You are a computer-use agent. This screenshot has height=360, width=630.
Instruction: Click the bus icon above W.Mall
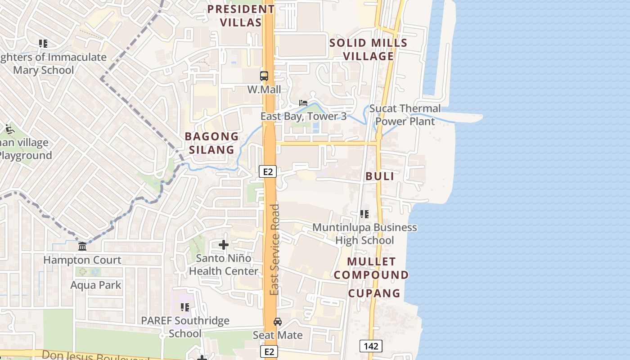pos(264,76)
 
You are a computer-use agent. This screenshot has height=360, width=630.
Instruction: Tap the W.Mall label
pos(264,90)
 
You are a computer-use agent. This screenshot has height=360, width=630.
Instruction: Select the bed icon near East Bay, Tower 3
pos(303,103)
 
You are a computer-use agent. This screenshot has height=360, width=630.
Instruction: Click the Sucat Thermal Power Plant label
pos(405,115)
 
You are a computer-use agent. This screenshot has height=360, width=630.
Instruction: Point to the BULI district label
pos(380,176)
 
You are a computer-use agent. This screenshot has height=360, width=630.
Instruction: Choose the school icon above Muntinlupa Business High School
pos(364,214)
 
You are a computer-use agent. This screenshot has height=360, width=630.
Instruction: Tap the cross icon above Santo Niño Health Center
pos(224,245)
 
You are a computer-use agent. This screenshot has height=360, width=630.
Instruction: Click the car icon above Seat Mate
pos(278,322)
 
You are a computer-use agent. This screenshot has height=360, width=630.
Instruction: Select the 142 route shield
pos(371,346)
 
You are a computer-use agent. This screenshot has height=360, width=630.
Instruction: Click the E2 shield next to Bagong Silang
pos(267,171)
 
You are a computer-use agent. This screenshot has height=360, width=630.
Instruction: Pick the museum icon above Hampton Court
pos(82,247)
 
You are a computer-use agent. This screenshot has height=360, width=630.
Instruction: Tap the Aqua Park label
pos(96,285)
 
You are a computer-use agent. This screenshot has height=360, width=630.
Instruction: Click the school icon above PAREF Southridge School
pos(184,307)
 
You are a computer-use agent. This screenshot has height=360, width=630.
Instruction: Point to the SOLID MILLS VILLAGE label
pos(368,49)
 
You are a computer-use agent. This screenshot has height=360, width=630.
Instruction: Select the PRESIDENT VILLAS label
pos(241,16)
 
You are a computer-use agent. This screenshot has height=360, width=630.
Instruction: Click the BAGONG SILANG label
pos(211,143)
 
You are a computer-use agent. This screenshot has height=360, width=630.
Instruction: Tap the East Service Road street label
pos(274,250)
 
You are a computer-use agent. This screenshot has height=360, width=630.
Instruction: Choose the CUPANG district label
pos(374,293)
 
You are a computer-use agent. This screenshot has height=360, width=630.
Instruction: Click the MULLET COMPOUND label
pos(371,268)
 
